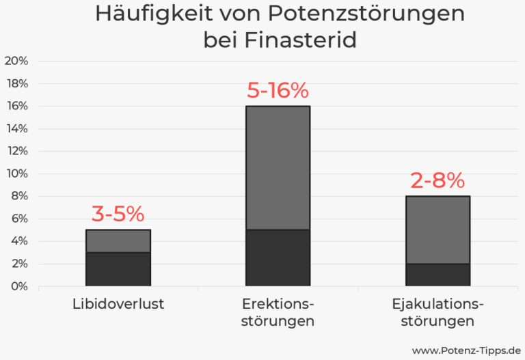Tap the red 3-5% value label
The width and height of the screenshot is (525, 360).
coord(118,214)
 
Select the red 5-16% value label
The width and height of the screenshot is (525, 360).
coord(278,91)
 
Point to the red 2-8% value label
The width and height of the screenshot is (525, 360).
coord(437,181)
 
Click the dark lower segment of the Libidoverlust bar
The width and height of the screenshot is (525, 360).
coord(118,269)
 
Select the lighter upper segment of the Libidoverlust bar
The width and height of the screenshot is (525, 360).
coord(118,241)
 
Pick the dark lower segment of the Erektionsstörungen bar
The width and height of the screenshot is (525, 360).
coord(278,258)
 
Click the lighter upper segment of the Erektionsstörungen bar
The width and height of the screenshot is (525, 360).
coord(278,167)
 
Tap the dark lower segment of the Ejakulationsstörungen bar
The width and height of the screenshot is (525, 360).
coord(437,275)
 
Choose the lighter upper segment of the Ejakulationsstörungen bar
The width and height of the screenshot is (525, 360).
coord(437,230)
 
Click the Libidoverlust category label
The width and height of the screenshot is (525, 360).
coord(118,304)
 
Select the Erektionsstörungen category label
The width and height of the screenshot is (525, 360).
coord(278,312)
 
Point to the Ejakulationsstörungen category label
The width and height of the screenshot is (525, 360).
coord(437,312)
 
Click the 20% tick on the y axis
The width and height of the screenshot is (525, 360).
coord(16,61)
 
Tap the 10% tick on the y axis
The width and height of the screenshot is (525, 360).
coord(16,174)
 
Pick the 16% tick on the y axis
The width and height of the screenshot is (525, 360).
coord(16,106)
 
